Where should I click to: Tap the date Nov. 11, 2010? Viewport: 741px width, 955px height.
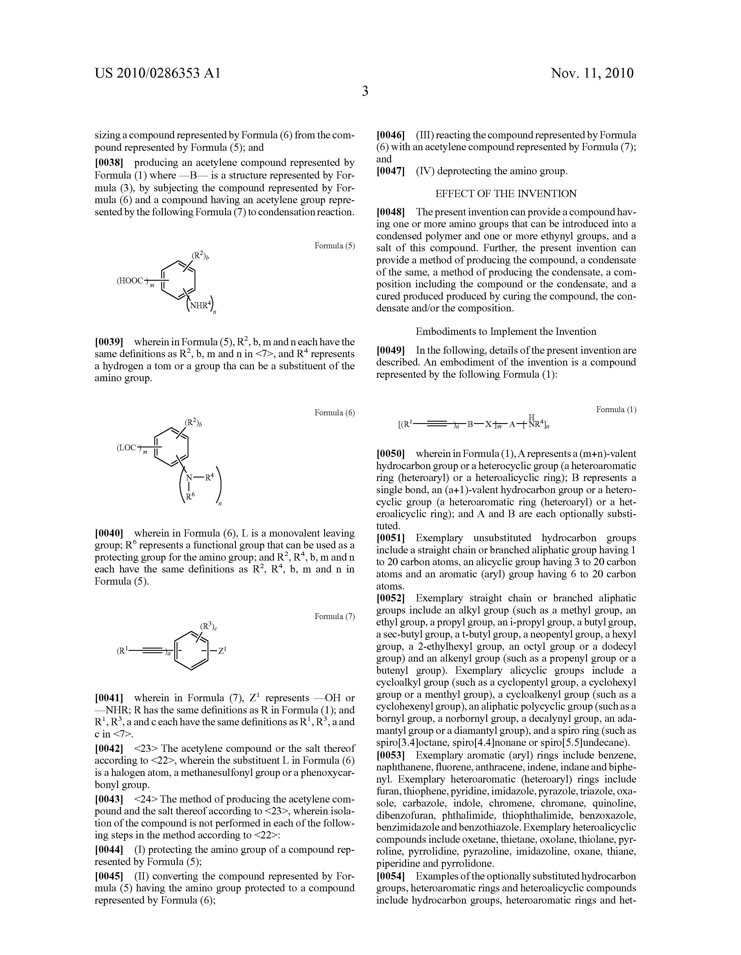coord(592,73)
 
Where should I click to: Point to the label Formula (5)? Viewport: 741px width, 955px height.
coord(335,246)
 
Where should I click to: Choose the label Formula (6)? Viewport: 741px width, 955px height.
coord(335,413)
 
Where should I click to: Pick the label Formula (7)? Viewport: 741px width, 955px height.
coord(335,616)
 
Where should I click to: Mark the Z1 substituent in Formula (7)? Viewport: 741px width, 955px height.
coord(222,651)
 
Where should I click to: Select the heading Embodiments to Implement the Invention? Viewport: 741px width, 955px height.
coord(506,331)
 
